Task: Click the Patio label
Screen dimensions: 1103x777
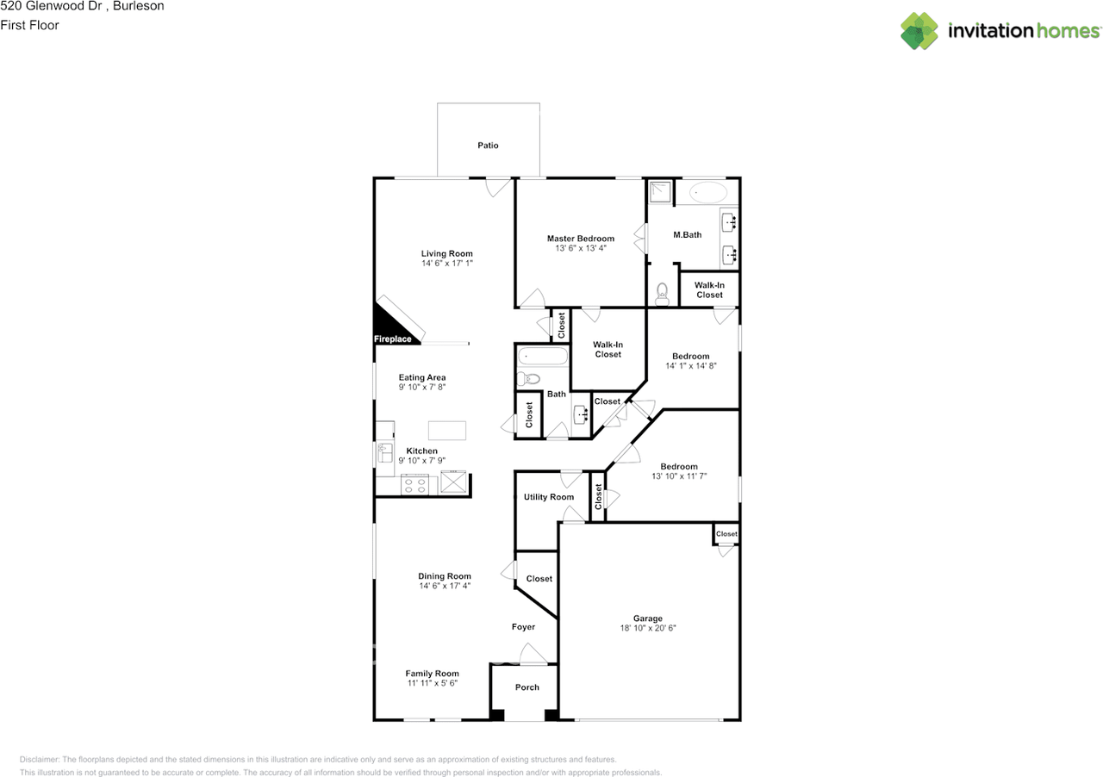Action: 488,146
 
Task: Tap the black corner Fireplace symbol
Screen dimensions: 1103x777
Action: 389,327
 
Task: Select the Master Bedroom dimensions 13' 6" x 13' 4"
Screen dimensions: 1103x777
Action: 581,248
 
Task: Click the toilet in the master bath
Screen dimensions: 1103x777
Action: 663,294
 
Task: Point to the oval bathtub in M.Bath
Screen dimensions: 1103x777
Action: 707,192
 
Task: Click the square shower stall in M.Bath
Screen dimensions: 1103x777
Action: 660,191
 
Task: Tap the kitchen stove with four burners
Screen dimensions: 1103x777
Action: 415,484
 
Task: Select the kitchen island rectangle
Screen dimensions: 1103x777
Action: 446,430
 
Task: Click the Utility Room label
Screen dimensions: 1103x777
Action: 549,497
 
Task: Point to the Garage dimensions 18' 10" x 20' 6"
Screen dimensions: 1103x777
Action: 647,628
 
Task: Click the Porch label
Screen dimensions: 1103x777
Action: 527,687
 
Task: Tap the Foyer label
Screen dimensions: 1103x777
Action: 523,627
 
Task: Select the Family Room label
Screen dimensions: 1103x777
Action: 432,673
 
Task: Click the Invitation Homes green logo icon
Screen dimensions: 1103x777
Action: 919,31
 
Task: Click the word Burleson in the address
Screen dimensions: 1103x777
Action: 139,6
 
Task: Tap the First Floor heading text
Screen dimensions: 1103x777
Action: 29,25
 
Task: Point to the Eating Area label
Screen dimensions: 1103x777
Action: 422,377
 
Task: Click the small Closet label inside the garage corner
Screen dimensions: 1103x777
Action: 726,534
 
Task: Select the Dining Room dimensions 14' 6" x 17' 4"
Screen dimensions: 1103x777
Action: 445,586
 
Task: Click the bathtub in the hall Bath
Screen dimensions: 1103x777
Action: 543,356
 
